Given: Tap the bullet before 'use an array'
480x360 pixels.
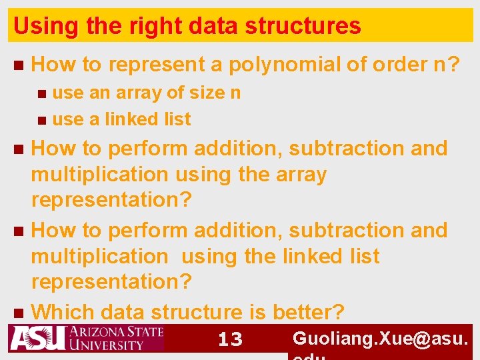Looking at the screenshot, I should click(x=42, y=93).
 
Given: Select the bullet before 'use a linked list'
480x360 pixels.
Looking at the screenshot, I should click(x=42, y=120).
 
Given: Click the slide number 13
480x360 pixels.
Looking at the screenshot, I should click(x=230, y=339).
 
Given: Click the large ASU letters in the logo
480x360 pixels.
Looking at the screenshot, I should click(x=37, y=338).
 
